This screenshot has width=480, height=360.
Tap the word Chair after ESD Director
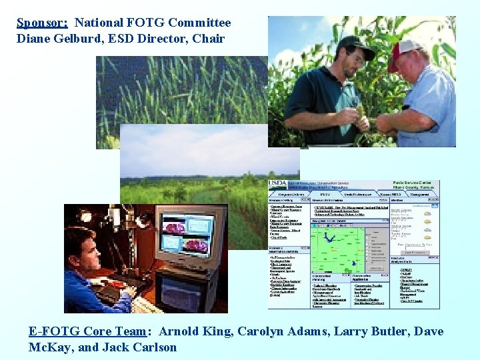coord(209,39)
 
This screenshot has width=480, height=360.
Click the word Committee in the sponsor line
coord(199,23)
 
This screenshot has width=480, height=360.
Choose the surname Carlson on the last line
coord(153,347)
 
